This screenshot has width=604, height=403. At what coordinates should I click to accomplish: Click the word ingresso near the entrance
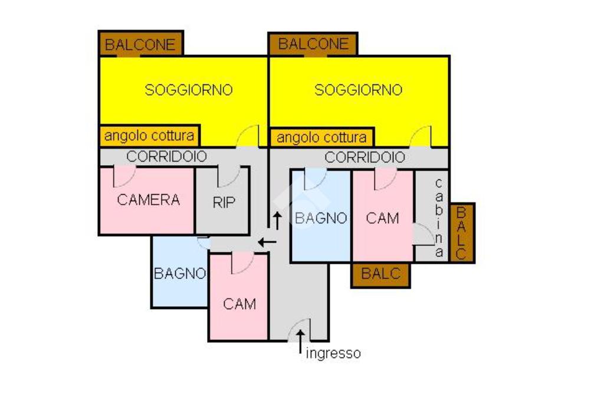pyautogui.click(x=333, y=353)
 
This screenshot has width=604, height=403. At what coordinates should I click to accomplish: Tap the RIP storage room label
pyautogui.click(x=224, y=203)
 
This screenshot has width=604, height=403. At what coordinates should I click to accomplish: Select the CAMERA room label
pyautogui.click(x=148, y=199)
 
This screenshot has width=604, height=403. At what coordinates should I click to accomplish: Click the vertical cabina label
pyautogui.click(x=438, y=218)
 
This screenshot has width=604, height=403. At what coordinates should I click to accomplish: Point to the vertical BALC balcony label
pyautogui.click(x=462, y=233)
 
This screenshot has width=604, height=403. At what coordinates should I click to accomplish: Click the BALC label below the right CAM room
pyautogui.click(x=380, y=274)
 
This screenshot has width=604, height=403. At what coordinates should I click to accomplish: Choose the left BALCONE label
pyautogui.click(x=140, y=44)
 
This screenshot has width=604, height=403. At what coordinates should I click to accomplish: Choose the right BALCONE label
pyautogui.click(x=313, y=44)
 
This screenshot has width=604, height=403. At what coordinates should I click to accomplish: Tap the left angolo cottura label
pyautogui.click(x=149, y=136)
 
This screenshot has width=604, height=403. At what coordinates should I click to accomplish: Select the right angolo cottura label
pyautogui.click(x=321, y=138)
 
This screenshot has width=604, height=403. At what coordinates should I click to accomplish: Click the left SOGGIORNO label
pyautogui.click(x=189, y=90)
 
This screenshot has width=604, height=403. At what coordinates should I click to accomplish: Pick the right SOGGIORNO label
pyautogui.click(x=358, y=90)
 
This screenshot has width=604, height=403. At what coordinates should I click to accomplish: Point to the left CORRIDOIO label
pyautogui.click(x=167, y=157)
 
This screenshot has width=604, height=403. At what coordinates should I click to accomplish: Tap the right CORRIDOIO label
pyautogui.click(x=365, y=158)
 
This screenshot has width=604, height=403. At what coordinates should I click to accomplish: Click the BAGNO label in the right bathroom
pyautogui.click(x=321, y=218)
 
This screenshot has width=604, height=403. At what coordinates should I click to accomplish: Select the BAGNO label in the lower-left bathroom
pyautogui.click(x=180, y=274)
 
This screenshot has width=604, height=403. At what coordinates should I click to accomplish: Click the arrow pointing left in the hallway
pyautogui.click(x=267, y=242)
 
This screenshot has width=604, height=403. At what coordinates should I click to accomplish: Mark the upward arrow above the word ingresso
pyautogui.click(x=301, y=339)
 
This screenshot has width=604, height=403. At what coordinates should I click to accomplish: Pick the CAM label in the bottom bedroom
pyautogui.click(x=239, y=304)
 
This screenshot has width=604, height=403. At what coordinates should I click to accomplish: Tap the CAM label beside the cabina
pyautogui.click(x=382, y=218)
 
